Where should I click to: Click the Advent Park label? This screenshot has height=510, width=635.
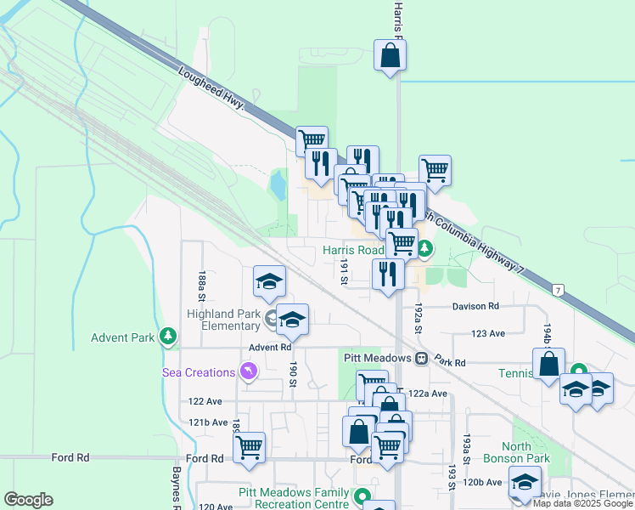[x=123, y=337]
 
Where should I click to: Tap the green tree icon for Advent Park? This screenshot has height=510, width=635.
[x=169, y=337]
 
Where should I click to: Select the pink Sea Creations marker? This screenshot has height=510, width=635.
[x=247, y=371]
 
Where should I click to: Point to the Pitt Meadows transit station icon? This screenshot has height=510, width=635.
[x=421, y=359]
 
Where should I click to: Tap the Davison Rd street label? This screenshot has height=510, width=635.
[x=475, y=306]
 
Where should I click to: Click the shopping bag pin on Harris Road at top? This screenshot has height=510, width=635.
[x=391, y=56]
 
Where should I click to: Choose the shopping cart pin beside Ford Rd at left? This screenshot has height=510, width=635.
[x=249, y=446]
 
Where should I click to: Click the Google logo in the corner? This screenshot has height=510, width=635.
[x=28, y=500]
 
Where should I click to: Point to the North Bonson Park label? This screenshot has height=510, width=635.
[x=526, y=452]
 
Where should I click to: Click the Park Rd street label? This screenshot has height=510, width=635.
[x=450, y=362]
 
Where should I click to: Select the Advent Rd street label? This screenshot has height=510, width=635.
[x=270, y=347]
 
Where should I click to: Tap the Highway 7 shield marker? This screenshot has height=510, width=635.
[x=558, y=291]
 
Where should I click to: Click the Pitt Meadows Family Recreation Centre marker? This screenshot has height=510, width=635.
[x=362, y=495]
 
